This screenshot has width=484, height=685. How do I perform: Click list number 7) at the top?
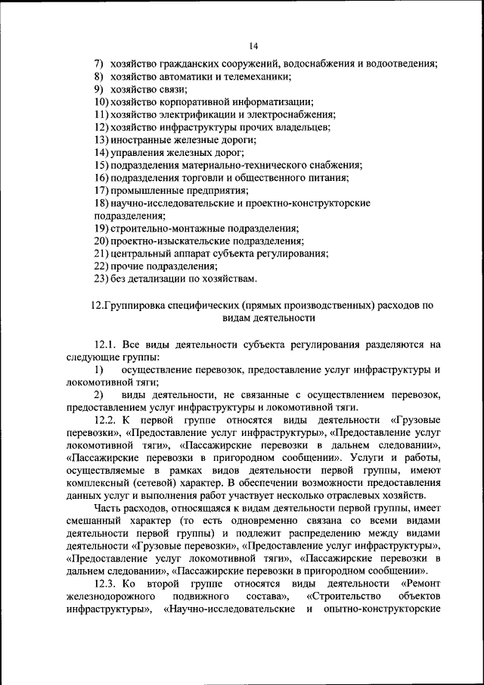[x=99, y=64]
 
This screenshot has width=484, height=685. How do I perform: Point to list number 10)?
[x=101, y=102]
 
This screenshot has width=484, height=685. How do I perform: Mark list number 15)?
[x=101, y=166]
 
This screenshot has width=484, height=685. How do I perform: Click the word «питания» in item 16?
[x=329, y=179]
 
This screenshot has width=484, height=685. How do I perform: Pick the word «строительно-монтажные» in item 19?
[x=166, y=229]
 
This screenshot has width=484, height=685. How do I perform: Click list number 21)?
[x=101, y=254]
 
